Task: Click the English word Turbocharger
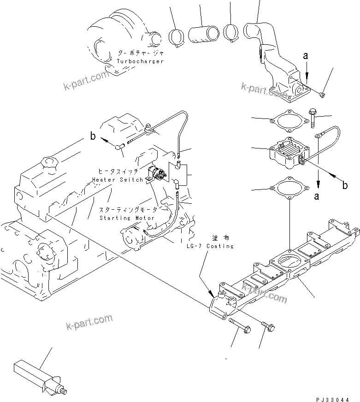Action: tap(140, 61)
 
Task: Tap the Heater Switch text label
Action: tap(118, 179)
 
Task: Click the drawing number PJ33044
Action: tap(337, 396)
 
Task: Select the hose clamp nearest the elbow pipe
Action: tap(230, 31)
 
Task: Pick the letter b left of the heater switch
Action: tap(93, 136)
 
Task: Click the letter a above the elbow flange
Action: tap(305, 56)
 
